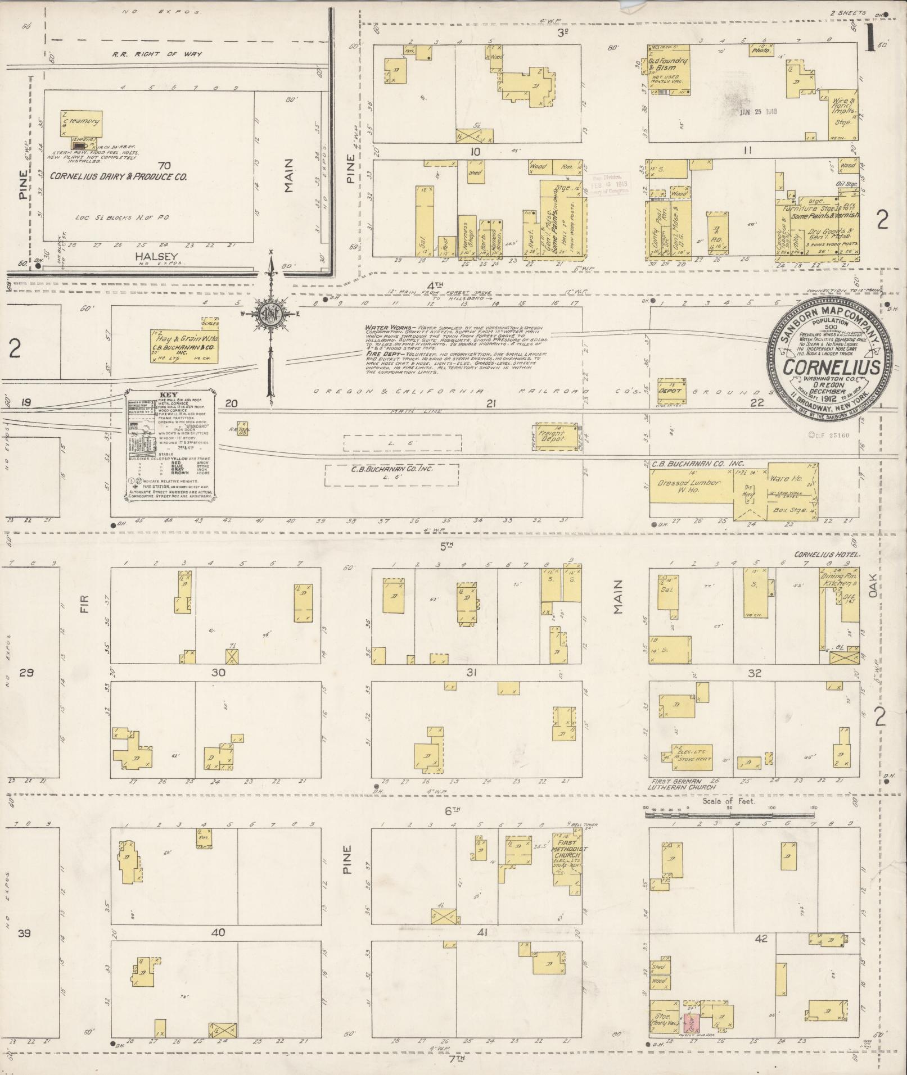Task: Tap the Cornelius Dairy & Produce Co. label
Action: point(119,176)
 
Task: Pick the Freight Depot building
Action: point(558,437)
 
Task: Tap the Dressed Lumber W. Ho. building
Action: point(692,486)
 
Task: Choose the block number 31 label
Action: point(471,673)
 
